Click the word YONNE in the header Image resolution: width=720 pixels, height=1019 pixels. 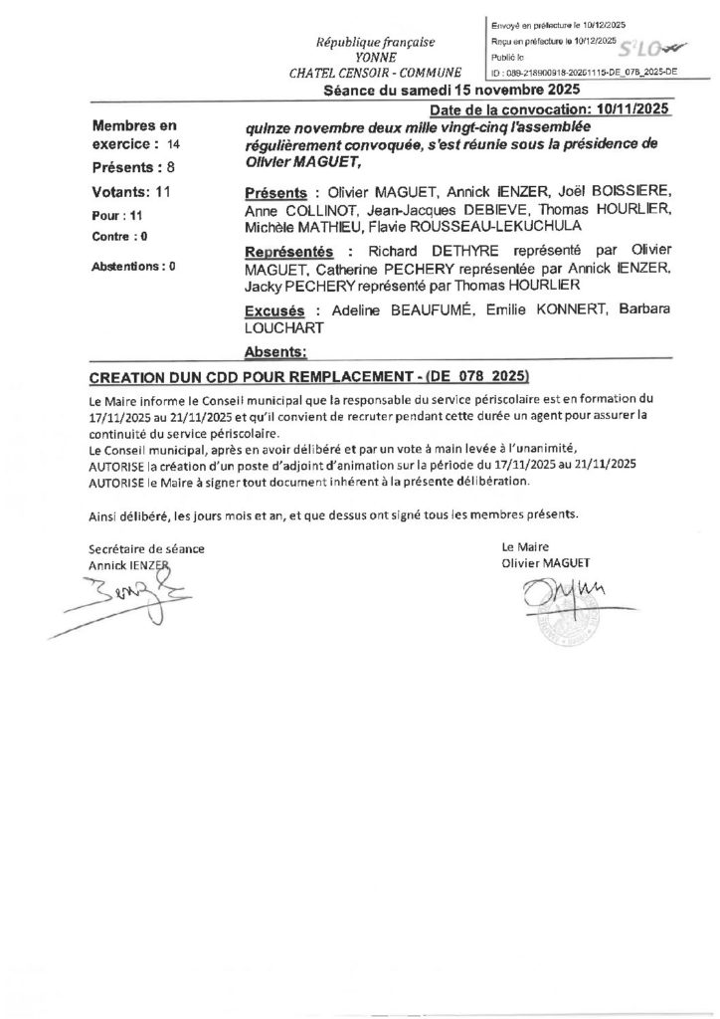tap(376, 58)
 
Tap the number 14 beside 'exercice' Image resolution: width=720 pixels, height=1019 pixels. tap(174, 144)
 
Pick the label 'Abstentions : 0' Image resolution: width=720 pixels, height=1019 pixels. tap(133, 268)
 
